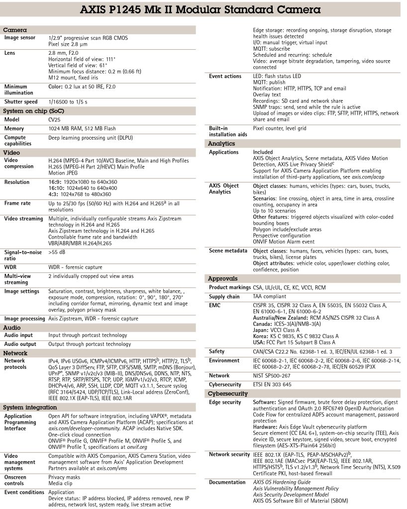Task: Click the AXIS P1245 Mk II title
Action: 204,9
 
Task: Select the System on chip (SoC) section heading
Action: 33,111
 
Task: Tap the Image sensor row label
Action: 20,38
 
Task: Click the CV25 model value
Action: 54,120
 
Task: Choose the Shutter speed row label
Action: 21,102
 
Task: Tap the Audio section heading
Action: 12,328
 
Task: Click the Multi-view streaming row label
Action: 18,278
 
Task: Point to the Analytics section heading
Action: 221,144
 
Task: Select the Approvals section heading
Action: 222,279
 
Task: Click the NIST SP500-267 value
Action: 275,376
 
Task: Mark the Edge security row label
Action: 225,403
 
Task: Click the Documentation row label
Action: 227,482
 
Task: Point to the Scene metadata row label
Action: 227,251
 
